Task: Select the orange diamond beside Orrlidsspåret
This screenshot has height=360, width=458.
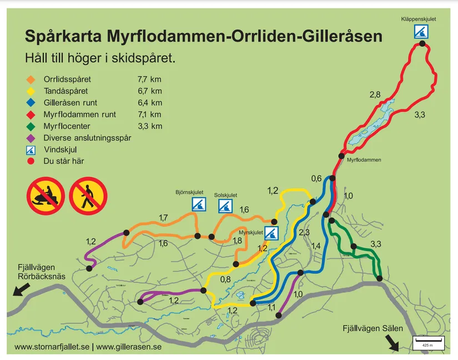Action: pyautogui.click(x=31, y=79)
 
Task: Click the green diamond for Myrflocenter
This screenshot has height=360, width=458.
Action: pyautogui.click(x=31, y=126)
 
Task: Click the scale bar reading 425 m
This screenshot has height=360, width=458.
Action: pyautogui.click(x=428, y=342)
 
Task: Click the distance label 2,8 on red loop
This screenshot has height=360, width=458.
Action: pyautogui.click(x=375, y=96)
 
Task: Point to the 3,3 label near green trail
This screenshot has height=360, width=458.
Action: pyautogui.click(x=375, y=244)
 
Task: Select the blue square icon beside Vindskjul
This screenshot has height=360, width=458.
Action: pyautogui.click(x=31, y=150)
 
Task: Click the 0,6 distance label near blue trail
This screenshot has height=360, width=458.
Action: pyautogui.click(x=316, y=178)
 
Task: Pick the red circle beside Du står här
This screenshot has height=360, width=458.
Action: pyautogui.click(x=31, y=162)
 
